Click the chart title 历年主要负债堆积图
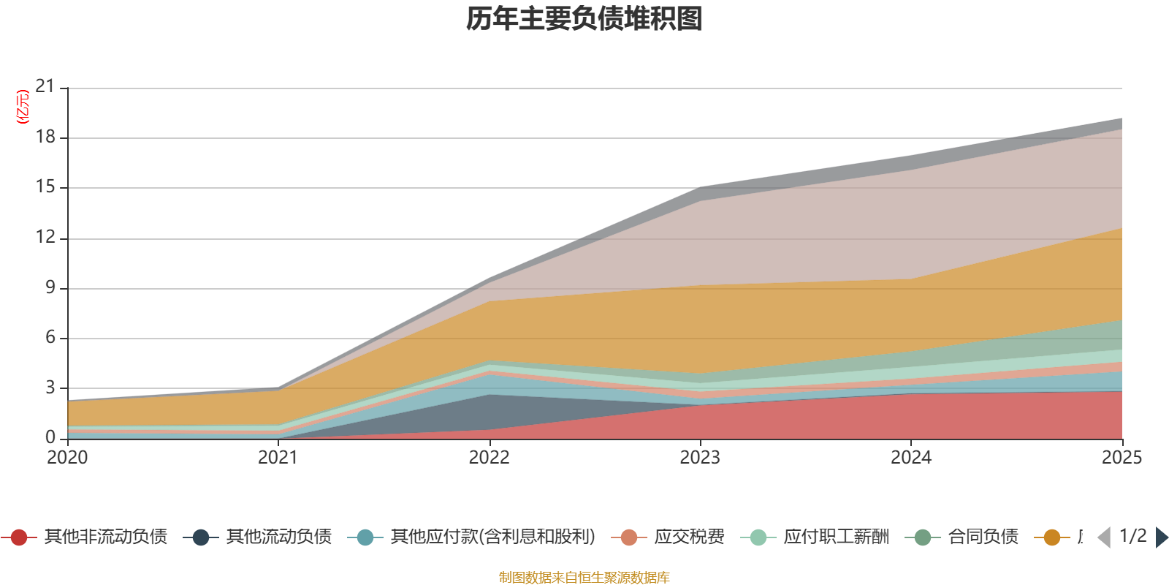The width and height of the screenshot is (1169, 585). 584,19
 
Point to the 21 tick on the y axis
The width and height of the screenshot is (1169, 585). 45,86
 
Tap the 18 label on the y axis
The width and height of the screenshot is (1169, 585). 45,137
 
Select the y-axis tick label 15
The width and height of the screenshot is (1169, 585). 45,186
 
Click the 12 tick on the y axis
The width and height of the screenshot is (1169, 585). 45,237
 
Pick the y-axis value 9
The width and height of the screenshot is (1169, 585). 50,287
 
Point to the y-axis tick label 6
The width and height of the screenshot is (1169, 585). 50,337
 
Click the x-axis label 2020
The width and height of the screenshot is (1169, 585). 67,458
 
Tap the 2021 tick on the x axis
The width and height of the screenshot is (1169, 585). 278,458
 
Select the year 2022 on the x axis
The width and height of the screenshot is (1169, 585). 489,458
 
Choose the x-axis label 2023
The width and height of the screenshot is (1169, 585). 700,458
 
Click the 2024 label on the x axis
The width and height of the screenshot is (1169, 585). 910,458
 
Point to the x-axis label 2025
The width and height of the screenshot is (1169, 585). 1121,458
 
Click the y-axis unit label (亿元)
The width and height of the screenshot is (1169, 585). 23,107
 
